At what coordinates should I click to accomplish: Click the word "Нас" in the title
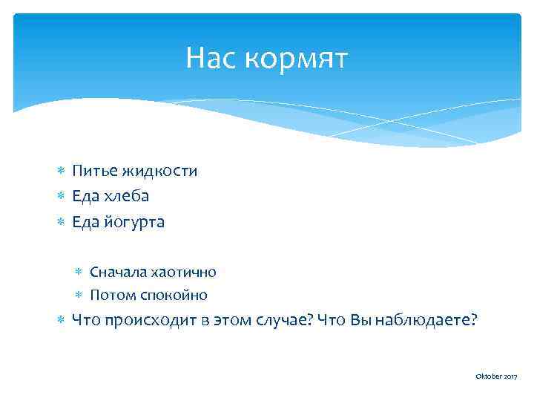point(211,58)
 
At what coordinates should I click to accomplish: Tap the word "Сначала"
point(115,272)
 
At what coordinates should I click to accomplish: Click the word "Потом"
point(110,295)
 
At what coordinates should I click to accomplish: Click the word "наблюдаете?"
point(426,321)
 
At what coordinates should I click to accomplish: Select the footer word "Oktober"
point(488,378)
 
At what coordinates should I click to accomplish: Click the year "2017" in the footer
point(510,378)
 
